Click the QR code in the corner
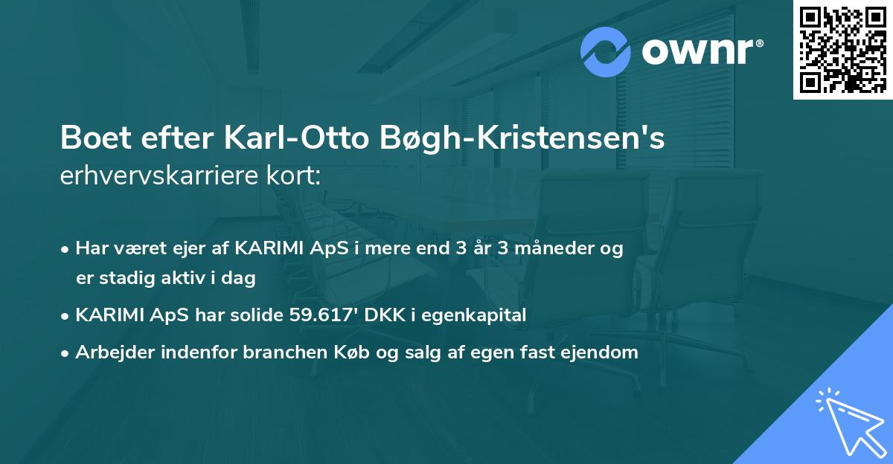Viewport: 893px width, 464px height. point(843,49)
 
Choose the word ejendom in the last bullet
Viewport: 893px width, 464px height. point(603,352)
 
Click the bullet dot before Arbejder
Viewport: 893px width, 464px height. point(66,353)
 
